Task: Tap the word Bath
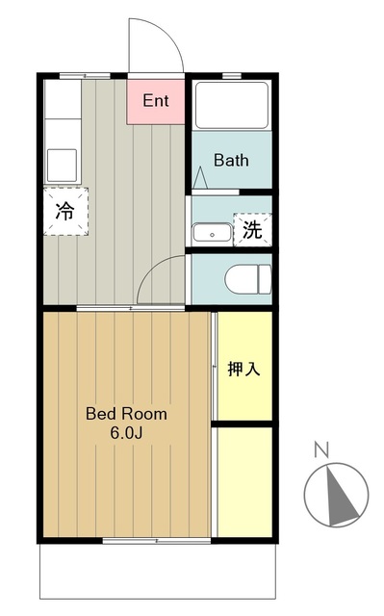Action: pos(231,160)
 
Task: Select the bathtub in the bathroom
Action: pos(232,106)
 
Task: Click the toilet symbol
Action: pos(248,280)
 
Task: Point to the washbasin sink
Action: pos(212,232)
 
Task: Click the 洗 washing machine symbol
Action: pos(251,230)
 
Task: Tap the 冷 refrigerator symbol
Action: pos(65,212)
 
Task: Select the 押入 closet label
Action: pos(243,369)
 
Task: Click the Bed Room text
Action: pos(126,414)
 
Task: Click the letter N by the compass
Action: pos(321,449)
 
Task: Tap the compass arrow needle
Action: pos(335,496)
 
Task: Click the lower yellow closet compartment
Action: pos(243,480)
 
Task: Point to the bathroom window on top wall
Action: pos(231,75)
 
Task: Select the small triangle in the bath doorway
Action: pos(200,179)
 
